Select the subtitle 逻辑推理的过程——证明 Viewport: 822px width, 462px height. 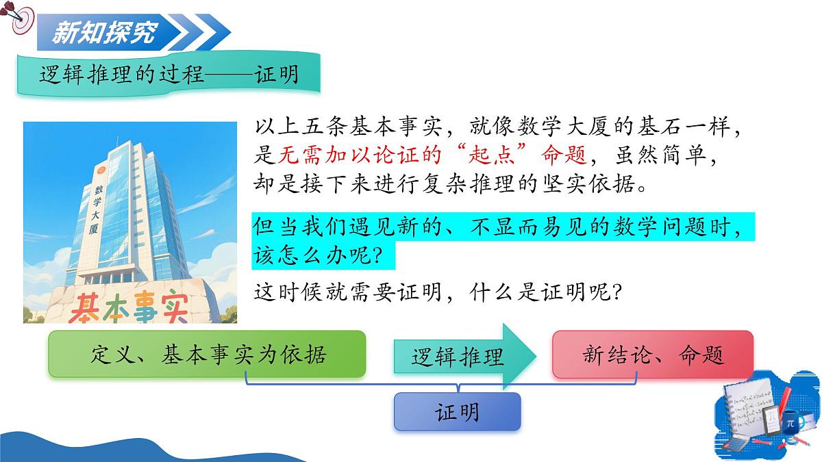[169, 74]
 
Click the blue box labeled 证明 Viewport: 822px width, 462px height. [457, 412]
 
